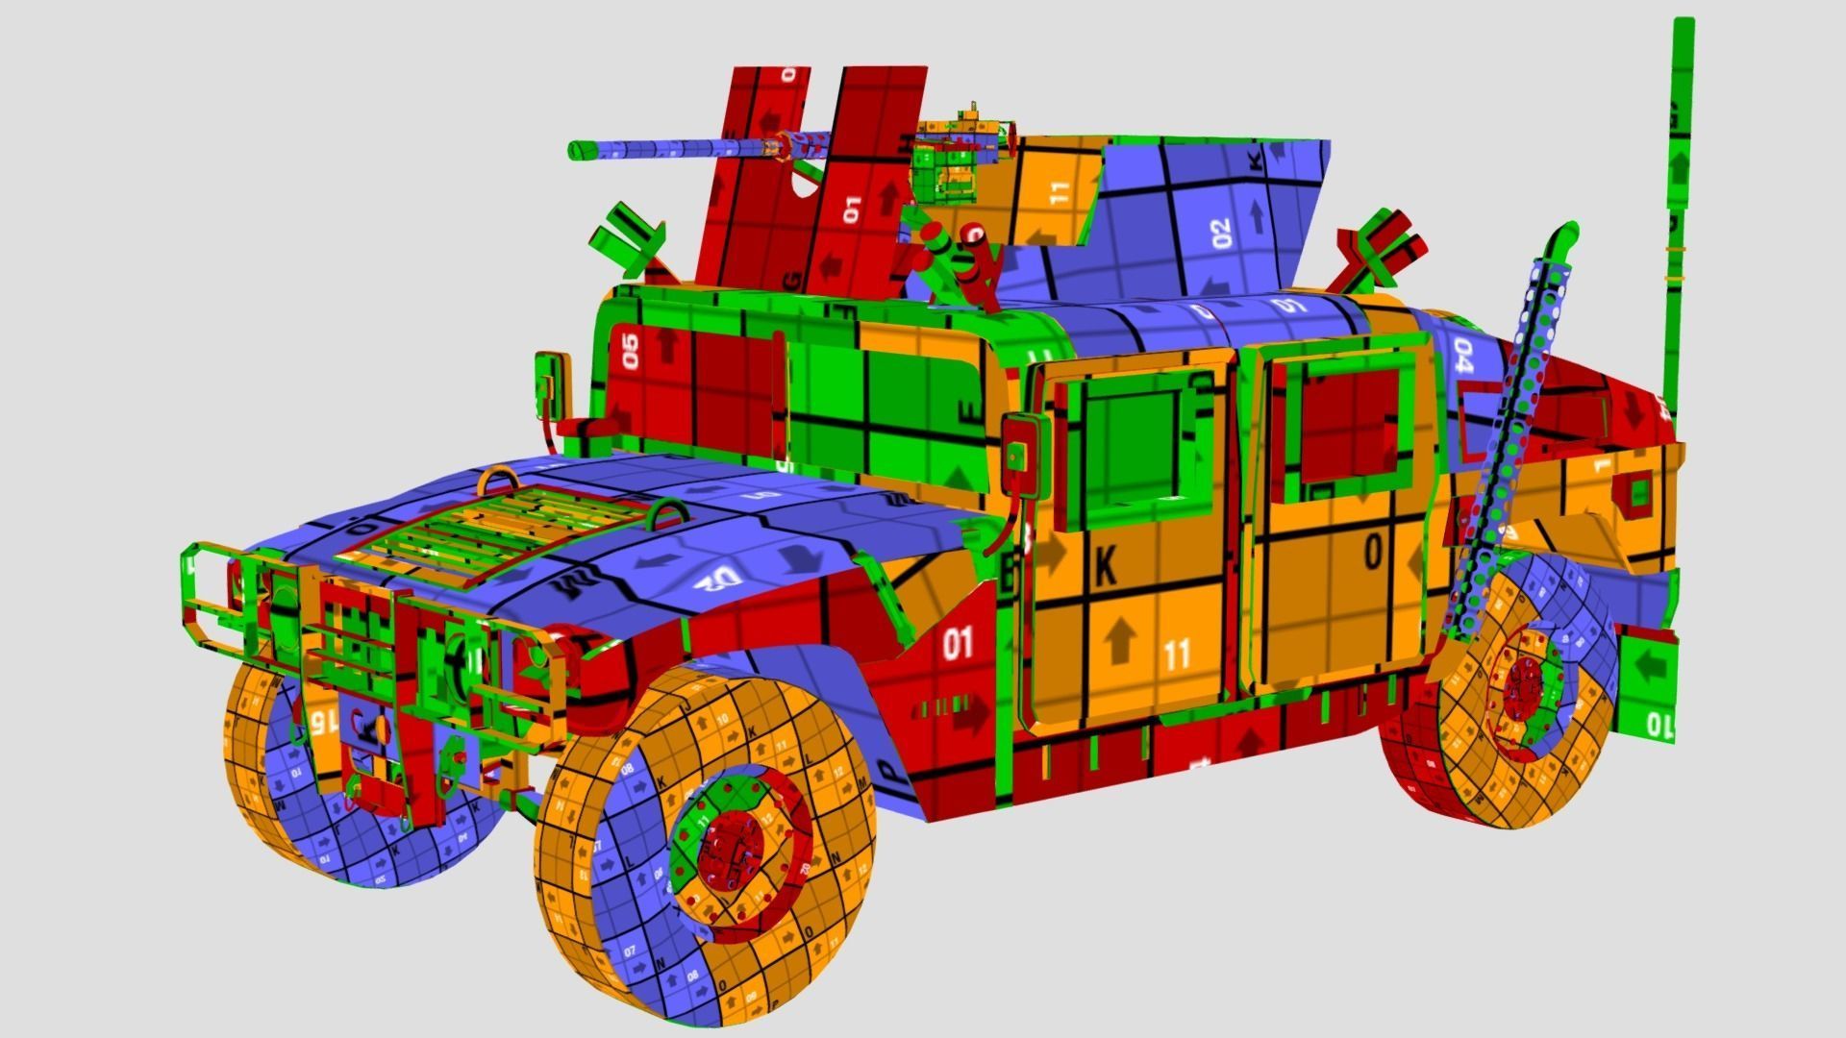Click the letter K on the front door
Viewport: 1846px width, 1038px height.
coord(1106,568)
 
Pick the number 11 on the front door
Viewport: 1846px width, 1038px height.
coord(1177,655)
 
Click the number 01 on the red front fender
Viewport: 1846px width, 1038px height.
coord(957,643)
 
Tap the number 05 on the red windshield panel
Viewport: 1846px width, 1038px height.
coord(631,351)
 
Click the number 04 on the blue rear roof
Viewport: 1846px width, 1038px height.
coord(1463,355)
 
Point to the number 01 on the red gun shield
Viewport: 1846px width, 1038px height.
coord(852,210)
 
